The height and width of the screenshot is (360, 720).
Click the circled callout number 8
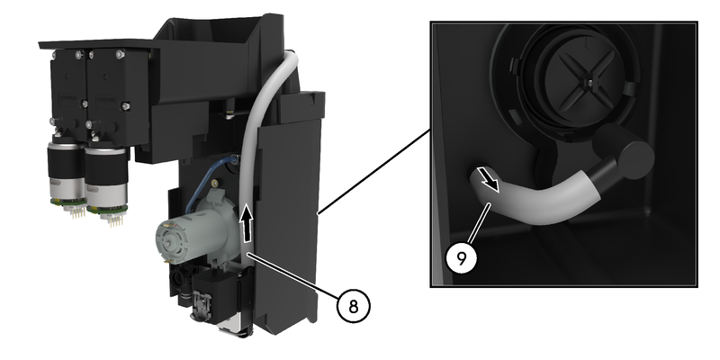(x=353, y=306)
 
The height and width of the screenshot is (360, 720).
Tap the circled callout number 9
(x=462, y=258)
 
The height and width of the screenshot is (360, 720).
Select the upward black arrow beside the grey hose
(x=247, y=224)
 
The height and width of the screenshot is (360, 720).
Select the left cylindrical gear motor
(x=66, y=171)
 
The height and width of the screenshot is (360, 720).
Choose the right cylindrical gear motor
(x=106, y=176)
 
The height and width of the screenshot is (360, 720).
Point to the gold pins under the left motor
(x=73, y=212)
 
